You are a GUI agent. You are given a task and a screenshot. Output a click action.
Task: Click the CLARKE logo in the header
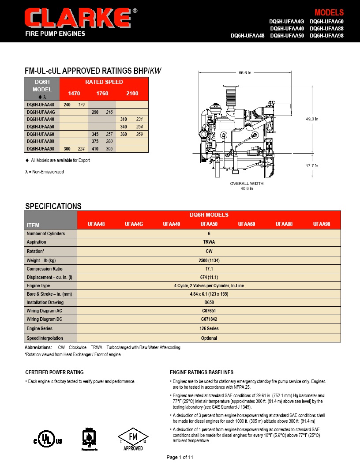pyautogui.click(x=78, y=19)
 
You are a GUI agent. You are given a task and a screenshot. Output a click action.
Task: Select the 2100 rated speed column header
pyautogui.click(x=132, y=93)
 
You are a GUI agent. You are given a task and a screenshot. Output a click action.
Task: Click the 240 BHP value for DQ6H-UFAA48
pyautogui.click(x=67, y=105)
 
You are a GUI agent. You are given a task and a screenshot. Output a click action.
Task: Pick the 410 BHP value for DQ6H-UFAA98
pyautogui.click(x=95, y=149)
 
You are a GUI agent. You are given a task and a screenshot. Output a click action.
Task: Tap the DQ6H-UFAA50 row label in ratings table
pyautogui.click(x=41, y=127)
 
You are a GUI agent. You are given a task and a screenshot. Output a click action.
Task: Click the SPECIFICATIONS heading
pyautogui.click(x=53, y=206)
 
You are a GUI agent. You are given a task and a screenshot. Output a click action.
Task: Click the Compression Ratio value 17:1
pyautogui.click(x=209, y=269)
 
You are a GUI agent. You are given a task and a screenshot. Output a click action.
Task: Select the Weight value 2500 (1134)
pyautogui.click(x=209, y=260)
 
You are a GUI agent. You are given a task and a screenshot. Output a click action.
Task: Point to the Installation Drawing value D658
pyautogui.click(x=209, y=302)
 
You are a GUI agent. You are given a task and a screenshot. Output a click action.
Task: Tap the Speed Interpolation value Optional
pyautogui.click(x=209, y=338)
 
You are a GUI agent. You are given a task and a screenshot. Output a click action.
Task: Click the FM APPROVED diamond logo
pyautogui.click(x=133, y=438)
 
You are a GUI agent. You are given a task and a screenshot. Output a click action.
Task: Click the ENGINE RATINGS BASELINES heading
pyautogui.click(x=202, y=372)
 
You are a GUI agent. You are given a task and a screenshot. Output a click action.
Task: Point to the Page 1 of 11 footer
pyautogui.click(x=180, y=457)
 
